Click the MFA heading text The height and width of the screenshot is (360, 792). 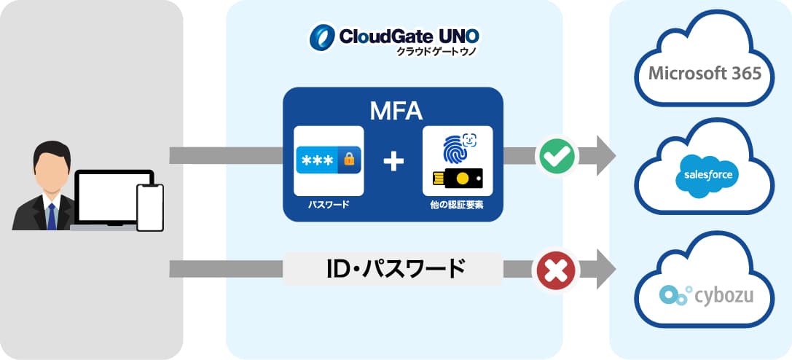393,111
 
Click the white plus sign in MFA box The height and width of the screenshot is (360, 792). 393,161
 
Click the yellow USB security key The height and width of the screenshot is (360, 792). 457,179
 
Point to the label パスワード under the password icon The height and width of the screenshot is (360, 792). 329,206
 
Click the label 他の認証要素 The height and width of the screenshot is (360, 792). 457,206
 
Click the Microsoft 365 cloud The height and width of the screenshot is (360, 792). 705,74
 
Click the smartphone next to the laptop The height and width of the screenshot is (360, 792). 150,207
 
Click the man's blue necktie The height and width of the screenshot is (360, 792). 51,216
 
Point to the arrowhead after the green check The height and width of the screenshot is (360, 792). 605,155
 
